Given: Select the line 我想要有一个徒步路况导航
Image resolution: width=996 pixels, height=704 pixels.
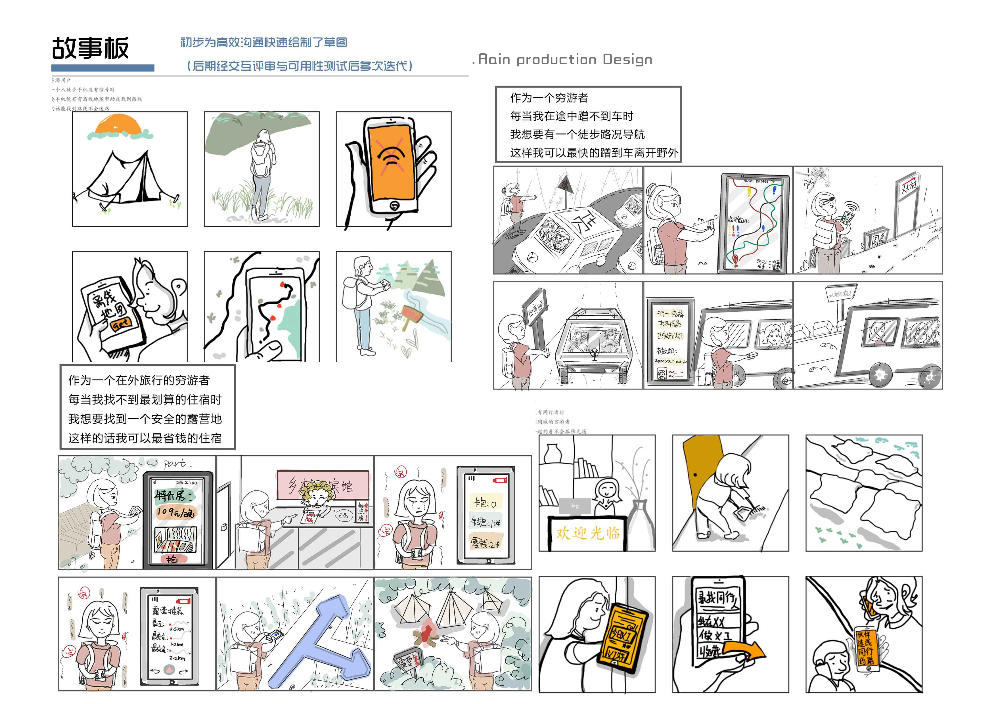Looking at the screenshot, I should pos(577,135).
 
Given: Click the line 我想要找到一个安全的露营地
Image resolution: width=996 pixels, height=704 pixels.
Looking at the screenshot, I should pos(145,419).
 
